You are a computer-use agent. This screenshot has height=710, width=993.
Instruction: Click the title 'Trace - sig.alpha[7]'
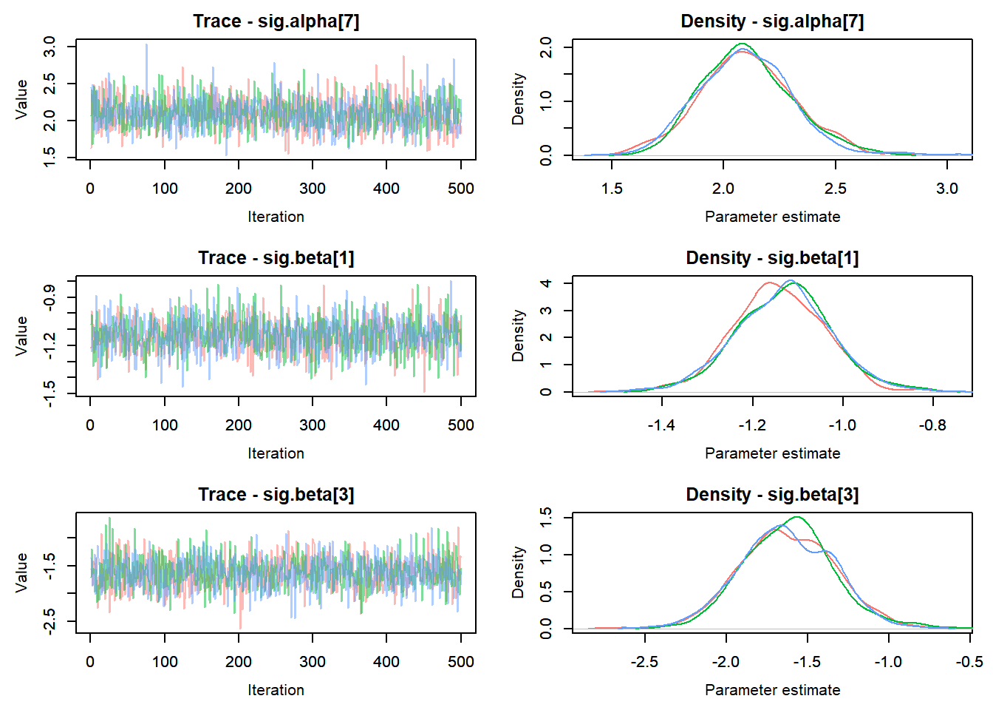pos(276,21)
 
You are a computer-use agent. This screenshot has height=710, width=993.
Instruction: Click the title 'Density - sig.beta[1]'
pos(772,258)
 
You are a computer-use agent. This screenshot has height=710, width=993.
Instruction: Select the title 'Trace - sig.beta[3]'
pos(276,495)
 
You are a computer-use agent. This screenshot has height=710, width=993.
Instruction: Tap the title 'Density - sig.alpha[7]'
pos(772,21)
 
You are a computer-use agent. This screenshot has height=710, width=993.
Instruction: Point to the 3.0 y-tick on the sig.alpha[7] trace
pos(50,47)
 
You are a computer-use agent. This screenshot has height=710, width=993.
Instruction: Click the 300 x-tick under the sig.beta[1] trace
pos(313,425)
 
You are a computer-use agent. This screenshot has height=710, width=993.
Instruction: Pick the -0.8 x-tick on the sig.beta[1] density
pos(932,425)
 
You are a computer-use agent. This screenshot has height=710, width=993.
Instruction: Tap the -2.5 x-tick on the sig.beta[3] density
pos(644,662)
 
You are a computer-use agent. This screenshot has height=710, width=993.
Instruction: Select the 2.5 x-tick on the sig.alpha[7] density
pos(836,189)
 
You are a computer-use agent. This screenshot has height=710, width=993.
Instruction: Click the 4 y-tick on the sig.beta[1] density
pos(546,283)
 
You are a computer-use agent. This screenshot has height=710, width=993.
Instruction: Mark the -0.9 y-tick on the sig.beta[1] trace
pos(50,297)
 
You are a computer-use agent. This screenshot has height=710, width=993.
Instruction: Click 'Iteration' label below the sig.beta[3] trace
pos(276,690)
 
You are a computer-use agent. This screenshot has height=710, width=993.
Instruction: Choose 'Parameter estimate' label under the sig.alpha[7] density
pos(772,217)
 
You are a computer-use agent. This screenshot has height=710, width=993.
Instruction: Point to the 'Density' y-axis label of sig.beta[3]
pos(519,572)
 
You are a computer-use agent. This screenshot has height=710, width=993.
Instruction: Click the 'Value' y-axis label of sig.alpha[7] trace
pos(22,99)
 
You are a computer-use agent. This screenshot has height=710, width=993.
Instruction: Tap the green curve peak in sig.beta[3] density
pos(796,517)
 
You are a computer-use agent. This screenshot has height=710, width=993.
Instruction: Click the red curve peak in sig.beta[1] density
pos(770,283)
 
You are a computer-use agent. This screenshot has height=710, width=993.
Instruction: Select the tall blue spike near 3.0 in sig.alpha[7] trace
pos(146,45)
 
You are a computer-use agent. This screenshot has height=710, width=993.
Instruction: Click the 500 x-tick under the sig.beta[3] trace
pos(460,662)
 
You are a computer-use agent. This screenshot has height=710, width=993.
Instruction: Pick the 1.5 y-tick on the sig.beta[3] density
pos(546,518)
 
